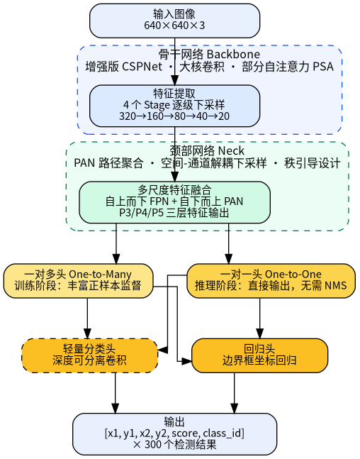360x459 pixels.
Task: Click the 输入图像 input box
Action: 174,21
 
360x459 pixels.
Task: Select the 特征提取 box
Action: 174,106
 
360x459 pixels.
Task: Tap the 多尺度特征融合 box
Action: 174,202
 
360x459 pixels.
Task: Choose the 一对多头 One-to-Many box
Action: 79,281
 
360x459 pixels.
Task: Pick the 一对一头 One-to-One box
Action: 271,281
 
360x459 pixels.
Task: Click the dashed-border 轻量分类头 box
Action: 90,355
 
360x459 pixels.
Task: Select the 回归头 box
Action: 259,355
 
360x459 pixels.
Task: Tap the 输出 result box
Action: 174,434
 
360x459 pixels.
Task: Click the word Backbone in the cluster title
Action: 233,55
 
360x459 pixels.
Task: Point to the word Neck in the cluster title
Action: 231,151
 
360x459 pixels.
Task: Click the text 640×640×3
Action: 174,26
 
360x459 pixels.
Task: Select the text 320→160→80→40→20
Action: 174,116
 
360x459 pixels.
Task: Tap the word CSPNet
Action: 142,67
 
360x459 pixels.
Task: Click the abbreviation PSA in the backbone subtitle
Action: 323,67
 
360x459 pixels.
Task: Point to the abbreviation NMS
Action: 336,285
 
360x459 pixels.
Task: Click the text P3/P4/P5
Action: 142,213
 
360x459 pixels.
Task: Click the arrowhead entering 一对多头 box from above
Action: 116,259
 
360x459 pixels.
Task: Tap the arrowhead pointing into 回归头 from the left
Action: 186,361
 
